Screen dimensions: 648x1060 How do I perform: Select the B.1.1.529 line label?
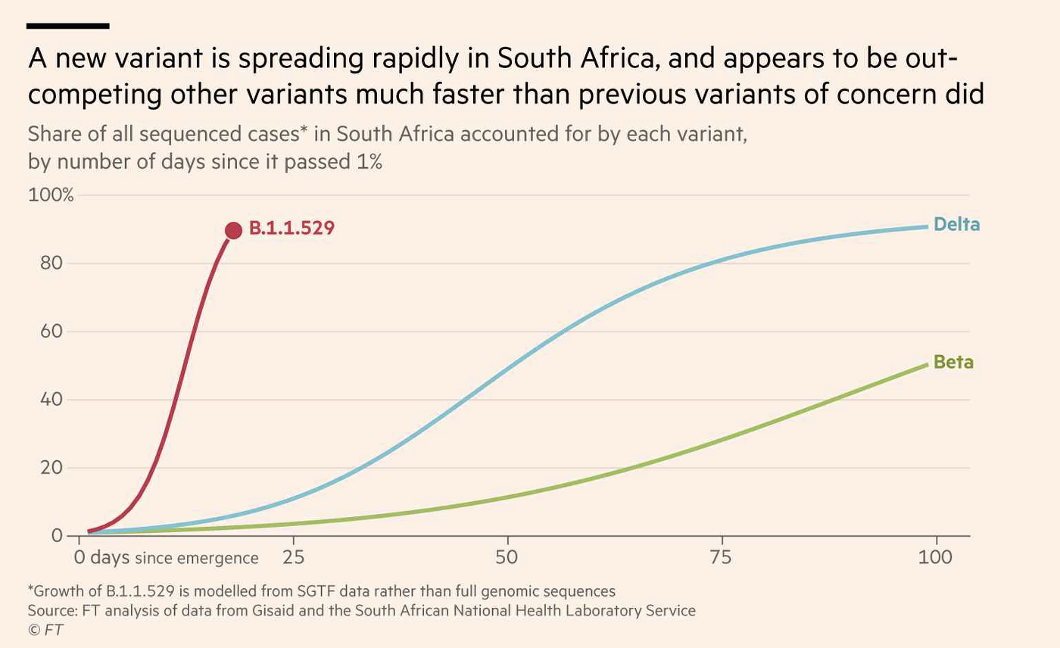291,229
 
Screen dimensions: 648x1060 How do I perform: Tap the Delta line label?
956,225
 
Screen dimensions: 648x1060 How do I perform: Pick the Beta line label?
953,363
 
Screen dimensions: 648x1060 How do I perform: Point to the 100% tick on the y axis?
51,195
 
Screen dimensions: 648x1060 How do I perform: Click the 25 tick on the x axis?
293,558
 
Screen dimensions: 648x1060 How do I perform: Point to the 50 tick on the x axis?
507,558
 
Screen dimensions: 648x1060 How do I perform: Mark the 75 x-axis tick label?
722,558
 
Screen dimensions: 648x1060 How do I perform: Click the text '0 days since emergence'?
166,559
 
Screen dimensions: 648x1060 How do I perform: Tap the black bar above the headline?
67,26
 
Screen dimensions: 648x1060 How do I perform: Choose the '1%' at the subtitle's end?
366,162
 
